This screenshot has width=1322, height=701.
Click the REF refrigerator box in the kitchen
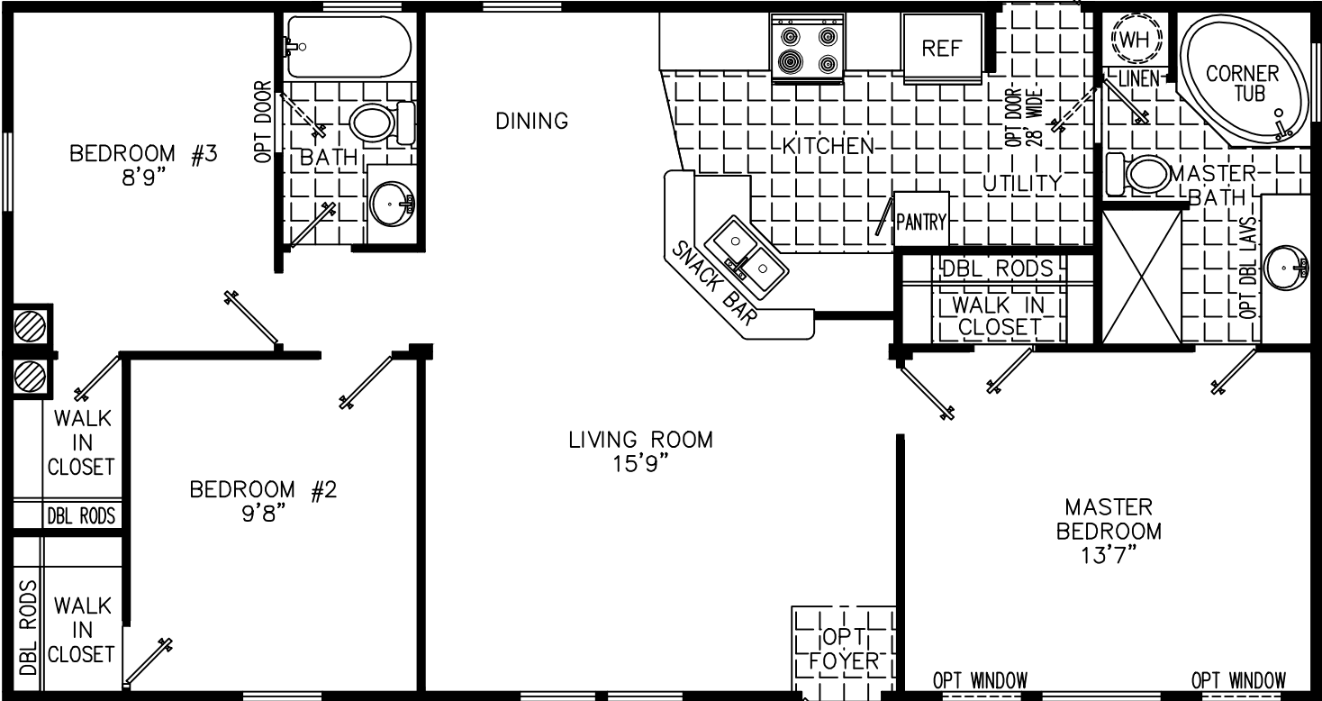(942, 50)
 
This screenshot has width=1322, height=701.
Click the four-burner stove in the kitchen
(806, 50)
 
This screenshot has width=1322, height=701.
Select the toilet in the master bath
(1137, 173)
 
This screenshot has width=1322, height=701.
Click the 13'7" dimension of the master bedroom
(1109, 554)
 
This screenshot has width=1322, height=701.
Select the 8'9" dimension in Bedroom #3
(144, 177)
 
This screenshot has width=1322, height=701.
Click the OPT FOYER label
(844, 650)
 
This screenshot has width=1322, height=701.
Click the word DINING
(531, 121)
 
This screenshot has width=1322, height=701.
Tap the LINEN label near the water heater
(1138, 79)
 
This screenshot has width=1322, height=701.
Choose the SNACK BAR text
(713, 283)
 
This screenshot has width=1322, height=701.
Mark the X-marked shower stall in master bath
(1141, 274)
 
